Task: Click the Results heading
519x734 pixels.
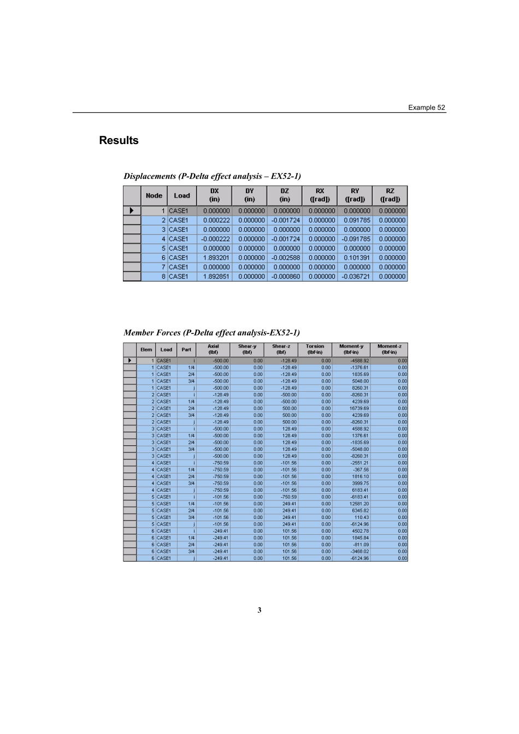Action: point(119,140)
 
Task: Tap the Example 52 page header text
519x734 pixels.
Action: point(426,108)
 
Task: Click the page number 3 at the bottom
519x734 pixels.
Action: point(259,610)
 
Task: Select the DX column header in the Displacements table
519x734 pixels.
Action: point(214,195)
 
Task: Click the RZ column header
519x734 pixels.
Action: point(390,195)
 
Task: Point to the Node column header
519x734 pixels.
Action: point(154,195)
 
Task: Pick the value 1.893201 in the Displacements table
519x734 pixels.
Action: point(216,258)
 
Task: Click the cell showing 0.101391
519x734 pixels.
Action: point(357,258)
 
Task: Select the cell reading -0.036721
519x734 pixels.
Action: point(356,277)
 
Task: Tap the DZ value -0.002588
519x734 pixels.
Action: point(286,258)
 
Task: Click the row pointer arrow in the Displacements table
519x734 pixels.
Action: point(131,211)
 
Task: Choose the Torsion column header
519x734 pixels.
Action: point(315,349)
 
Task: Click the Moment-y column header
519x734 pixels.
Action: point(351,349)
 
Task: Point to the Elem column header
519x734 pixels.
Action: point(146,349)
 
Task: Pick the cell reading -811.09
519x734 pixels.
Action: point(361,545)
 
